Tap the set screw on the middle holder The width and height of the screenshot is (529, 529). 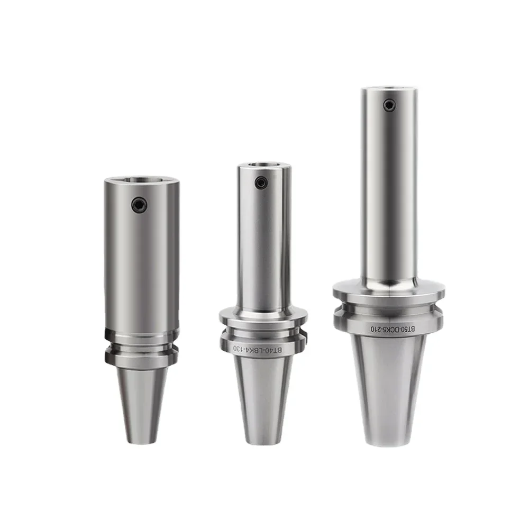coord(261,183)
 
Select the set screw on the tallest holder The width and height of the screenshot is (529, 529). coord(389,106)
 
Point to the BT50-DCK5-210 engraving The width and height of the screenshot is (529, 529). coord(393,329)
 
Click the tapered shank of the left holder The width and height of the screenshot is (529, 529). coord(142,405)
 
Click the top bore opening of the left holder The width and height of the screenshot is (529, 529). coord(142,180)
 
